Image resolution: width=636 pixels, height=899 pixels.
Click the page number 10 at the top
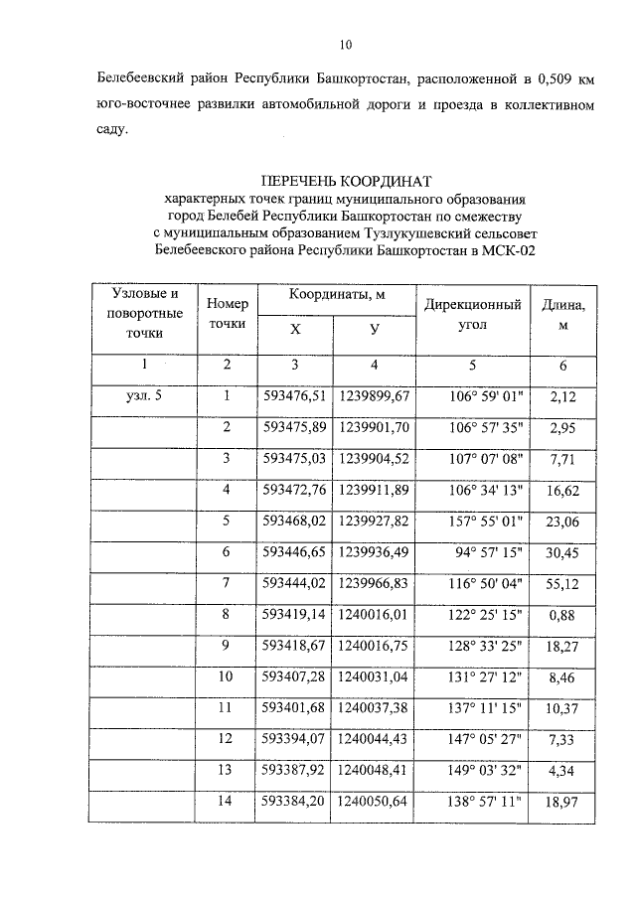coord(345,44)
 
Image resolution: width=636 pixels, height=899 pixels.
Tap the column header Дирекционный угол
coord(473,314)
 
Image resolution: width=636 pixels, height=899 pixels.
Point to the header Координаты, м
coord(337,296)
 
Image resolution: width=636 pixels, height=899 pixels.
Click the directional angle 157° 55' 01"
coord(473,521)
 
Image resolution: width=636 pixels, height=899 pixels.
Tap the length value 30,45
coord(562,551)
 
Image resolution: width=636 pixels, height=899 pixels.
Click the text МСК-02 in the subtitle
coord(512,251)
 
